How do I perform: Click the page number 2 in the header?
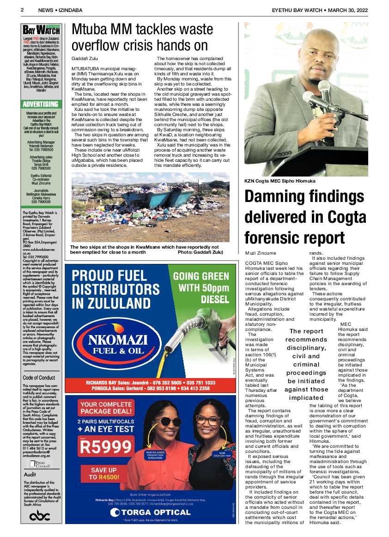tap(22, 10)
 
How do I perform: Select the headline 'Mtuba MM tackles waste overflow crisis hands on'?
tap(142, 37)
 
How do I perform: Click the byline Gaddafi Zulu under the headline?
tap(85, 59)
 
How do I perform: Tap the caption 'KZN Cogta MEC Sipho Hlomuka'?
tap(280, 181)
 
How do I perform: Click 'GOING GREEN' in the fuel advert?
tap(201, 277)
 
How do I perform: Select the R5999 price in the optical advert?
tap(106, 447)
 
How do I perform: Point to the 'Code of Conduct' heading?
tap(39, 378)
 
